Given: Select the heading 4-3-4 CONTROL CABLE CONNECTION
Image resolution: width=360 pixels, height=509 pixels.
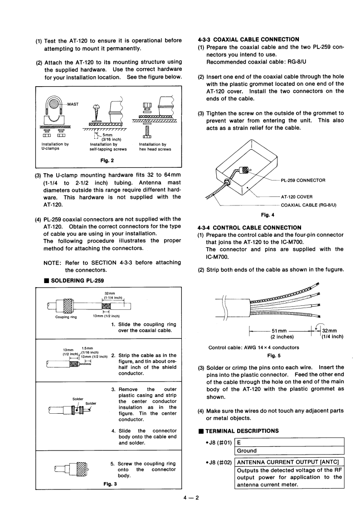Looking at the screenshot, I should pyautogui.click(x=249, y=227).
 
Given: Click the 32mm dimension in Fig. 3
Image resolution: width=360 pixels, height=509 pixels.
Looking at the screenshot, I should pyautogui.click(x=109, y=294).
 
